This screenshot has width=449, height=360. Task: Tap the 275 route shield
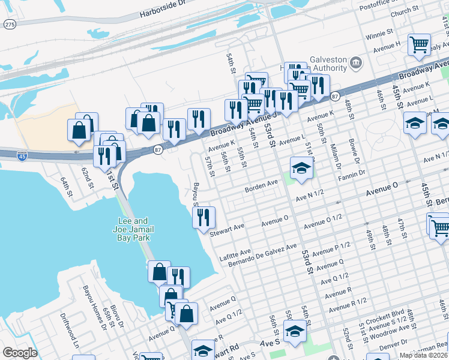tap(10, 25)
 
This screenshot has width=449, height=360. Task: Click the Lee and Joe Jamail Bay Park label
tap(132, 229)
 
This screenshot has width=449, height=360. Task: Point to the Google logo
tap(20, 353)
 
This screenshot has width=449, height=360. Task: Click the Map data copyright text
tap(424, 355)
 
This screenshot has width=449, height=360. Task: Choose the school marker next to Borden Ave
tap(301, 168)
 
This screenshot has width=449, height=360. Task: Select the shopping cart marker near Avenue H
tap(419, 45)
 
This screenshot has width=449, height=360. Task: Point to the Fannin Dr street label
tap(351, 173)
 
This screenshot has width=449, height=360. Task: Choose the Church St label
tap(403, 11)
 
